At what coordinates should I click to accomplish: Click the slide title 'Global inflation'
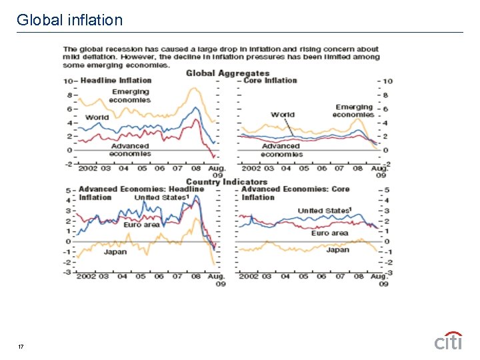[x=70, y=20]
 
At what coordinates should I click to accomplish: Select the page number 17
[x=21, y=347]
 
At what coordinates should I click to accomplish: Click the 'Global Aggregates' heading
[x=227, y=73]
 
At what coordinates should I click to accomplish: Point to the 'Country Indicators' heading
[x=227, y=181]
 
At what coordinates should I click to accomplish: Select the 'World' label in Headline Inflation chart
[x=97, y=117]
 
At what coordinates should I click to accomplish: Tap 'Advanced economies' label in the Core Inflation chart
[x=281, y=150]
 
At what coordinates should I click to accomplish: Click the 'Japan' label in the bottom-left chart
[x=115, y=252]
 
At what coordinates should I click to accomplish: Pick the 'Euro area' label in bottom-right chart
[x=329, y=233]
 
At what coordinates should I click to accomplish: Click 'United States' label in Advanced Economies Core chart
[x=324, y=211]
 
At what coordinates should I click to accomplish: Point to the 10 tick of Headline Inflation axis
[x=67, y=81]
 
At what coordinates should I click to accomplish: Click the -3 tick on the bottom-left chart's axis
[x=67, y=272]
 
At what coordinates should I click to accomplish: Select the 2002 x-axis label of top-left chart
[x=87, y=169]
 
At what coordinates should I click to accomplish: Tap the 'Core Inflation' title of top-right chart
[x=270, y=81]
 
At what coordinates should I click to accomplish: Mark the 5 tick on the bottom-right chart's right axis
[x=386, y=191]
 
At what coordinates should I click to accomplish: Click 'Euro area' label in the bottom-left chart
[x=141, y=225]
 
